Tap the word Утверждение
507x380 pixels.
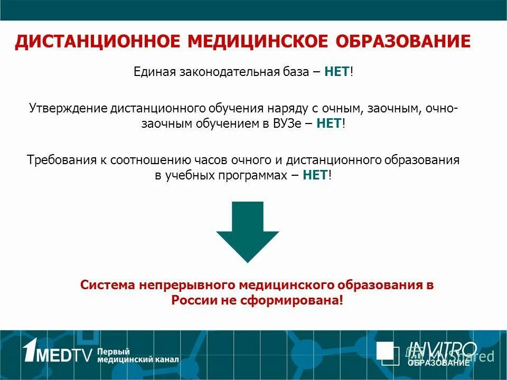(x=68, y=108)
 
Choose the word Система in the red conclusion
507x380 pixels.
(x=108, y=286)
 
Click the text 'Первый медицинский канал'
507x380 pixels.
(x=138, y=355)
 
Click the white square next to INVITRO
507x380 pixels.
(x=388, y=353)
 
